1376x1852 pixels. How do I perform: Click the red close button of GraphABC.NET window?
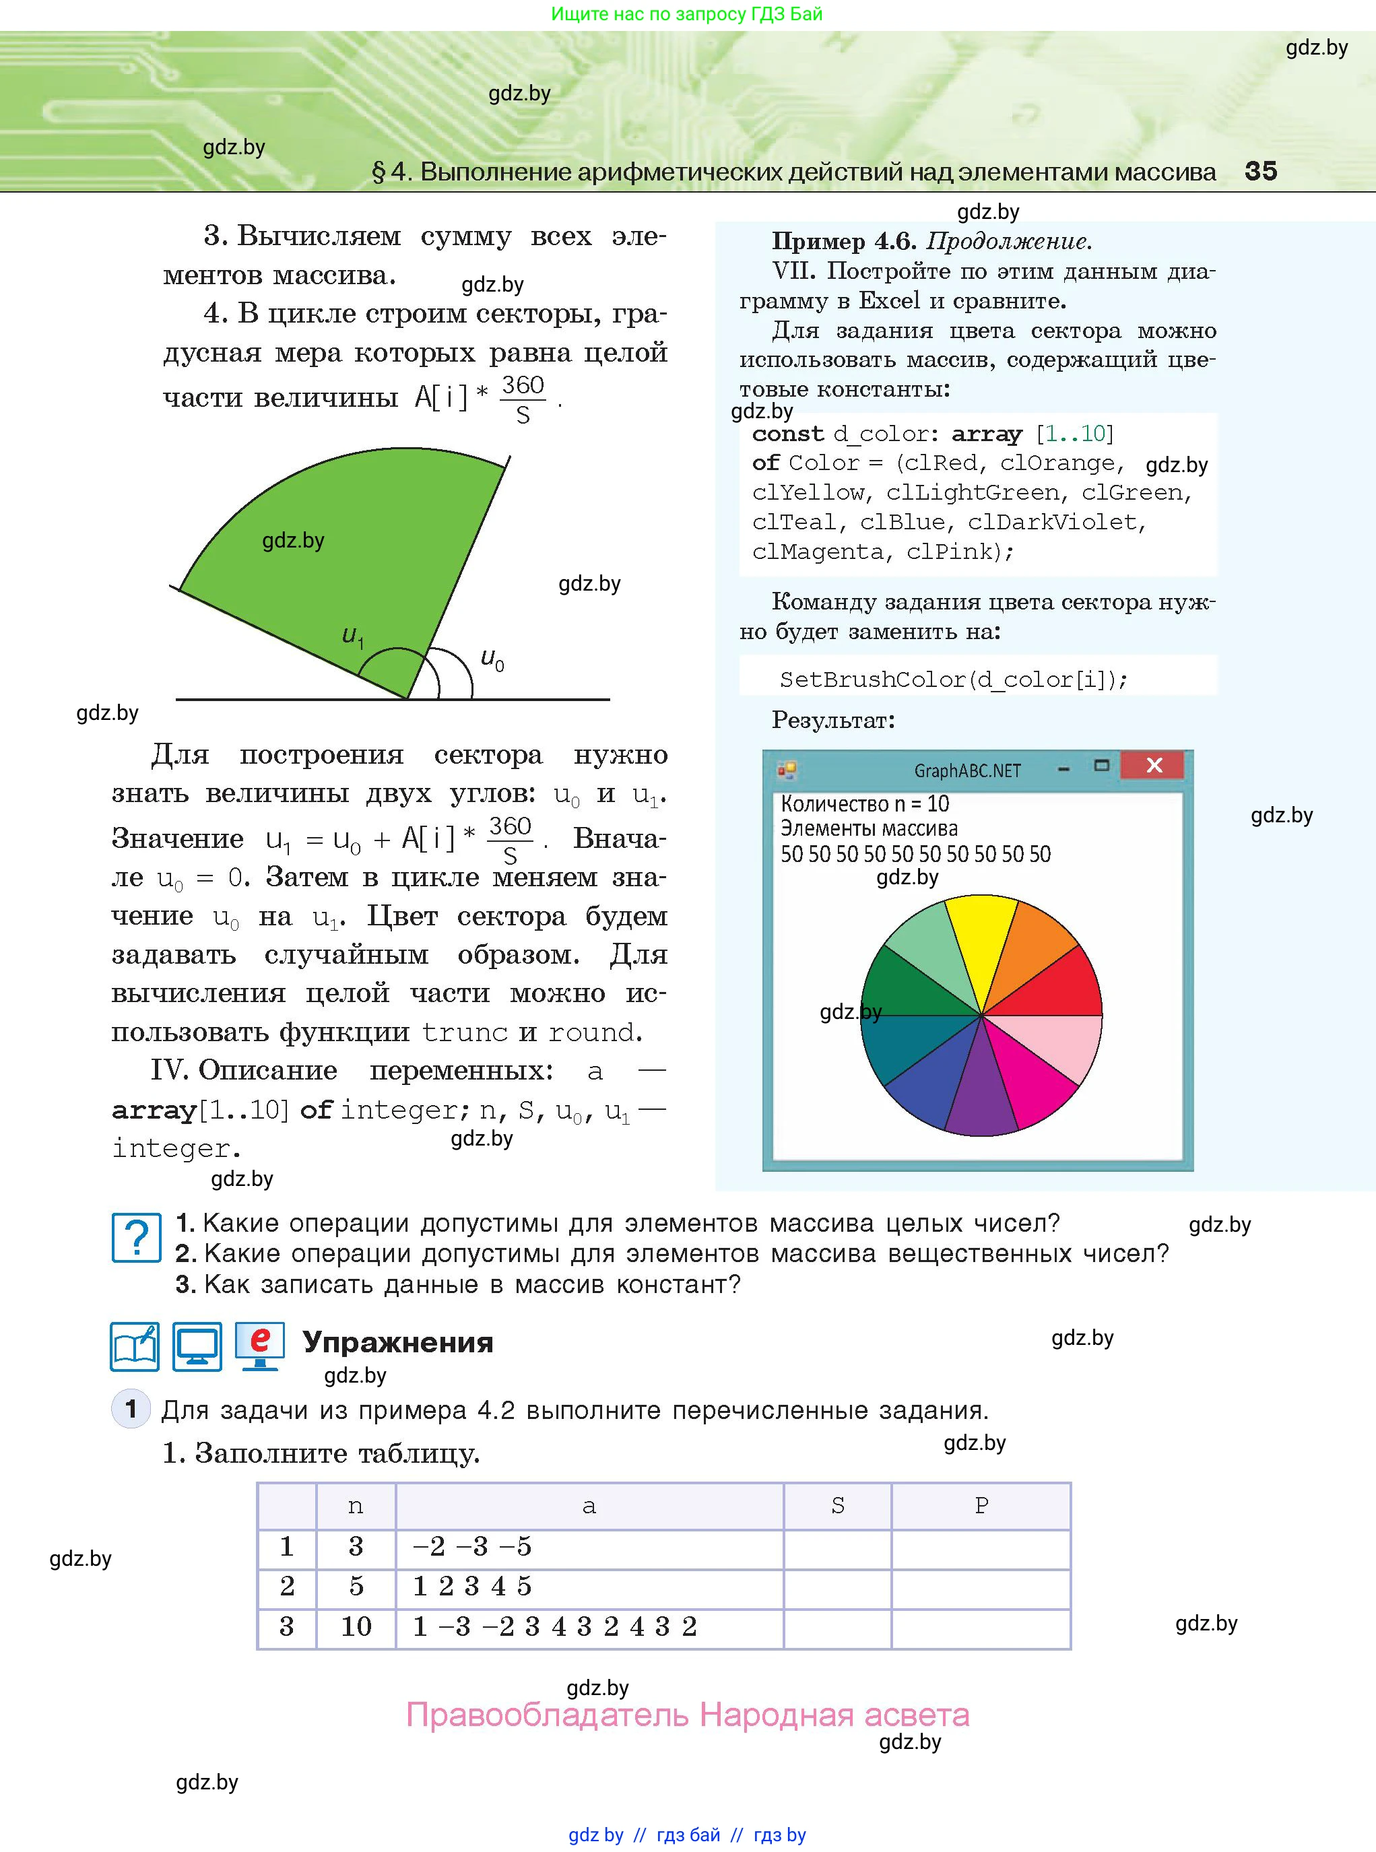[x=1153, y=765]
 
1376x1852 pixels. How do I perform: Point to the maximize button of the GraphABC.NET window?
[x=1101, y=765]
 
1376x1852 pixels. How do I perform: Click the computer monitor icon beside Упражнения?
[x=197, y=1346]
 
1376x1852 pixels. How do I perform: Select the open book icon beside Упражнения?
[x=135, y=1346]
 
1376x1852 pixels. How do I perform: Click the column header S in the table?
[x=837, y=1506]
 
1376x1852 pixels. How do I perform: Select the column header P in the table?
[x=981, y=1506]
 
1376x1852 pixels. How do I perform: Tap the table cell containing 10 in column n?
[x=356, y=1626]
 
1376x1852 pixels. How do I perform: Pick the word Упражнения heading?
[x=397, y=1342]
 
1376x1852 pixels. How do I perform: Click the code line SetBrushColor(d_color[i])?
[x=953, y=680]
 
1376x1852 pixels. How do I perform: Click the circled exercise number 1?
[x=131, y=1409]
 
